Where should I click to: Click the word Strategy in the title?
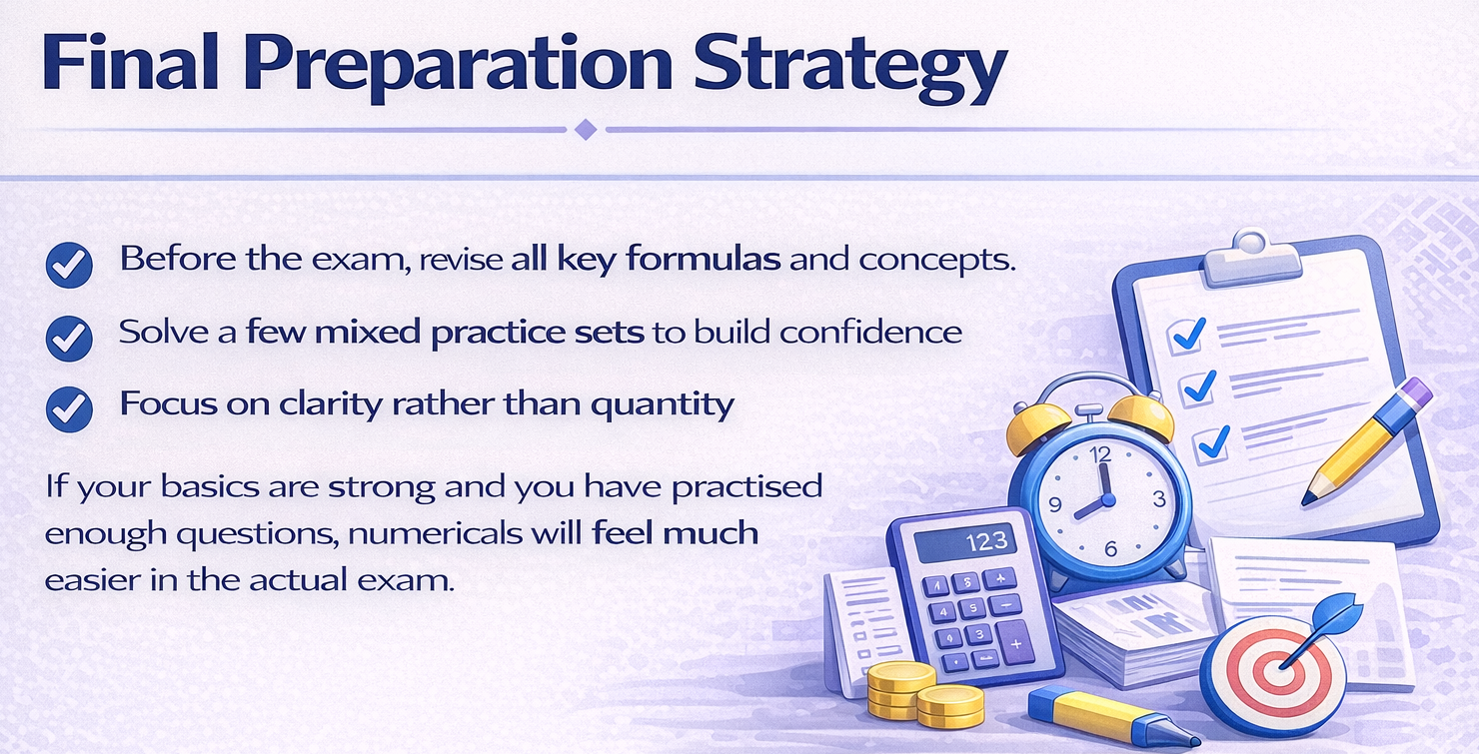pos(849,65)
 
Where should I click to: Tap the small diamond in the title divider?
pos(587,130)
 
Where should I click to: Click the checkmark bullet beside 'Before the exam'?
pos(70,265)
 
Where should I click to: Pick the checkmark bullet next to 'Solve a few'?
pos(70,337)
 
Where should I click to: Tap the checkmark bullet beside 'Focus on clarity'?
pos(70,407)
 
